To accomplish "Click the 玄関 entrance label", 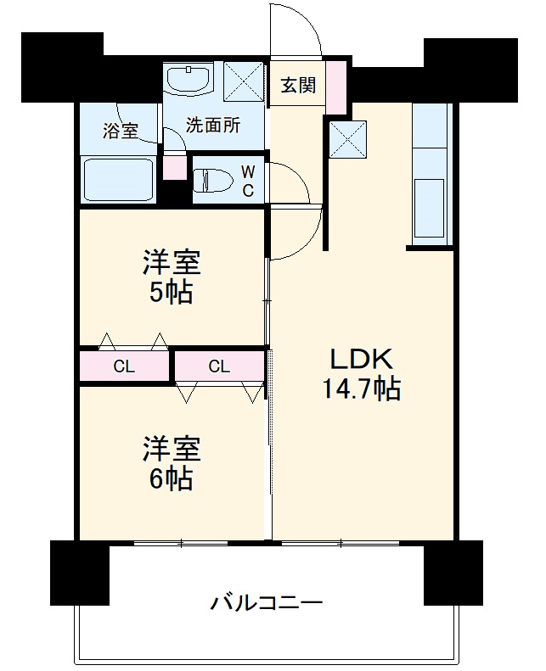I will tap(298, 85).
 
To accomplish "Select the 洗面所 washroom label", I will tap(212, 126).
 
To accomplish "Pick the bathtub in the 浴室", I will tap(118, 179).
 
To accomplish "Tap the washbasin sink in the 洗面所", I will tap(189, 80).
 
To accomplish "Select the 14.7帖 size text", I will tap(360, 389).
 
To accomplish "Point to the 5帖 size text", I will tap(171, 293).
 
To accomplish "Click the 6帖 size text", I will tap(171, 478).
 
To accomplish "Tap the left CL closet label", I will tap(124, 367).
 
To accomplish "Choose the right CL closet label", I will tap(219, 367).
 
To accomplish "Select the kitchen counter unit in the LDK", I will tap(432, 174).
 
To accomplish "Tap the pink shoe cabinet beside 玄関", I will tap(335, 83).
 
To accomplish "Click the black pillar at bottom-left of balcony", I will tap(80, 573).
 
